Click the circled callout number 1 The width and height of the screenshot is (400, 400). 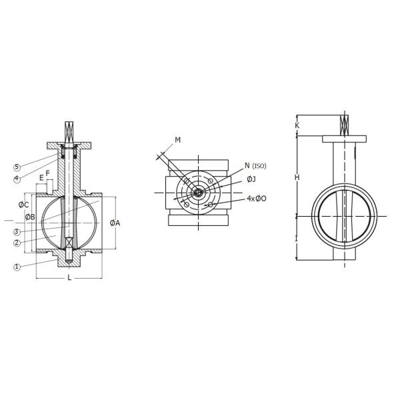[x=17, y=267]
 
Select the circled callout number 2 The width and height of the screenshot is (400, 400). [x=17, y=243]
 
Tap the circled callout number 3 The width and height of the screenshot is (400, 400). [x=17, y=232]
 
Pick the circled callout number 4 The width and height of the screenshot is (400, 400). [x=17, y=178]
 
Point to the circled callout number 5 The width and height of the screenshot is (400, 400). [x=17, y=167]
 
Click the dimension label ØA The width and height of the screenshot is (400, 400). [x=115, y=223]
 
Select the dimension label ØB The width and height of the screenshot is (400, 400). [x=30, y=217]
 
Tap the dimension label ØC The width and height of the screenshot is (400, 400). [x=23, y=205]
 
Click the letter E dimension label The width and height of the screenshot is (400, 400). [x=41, y=178]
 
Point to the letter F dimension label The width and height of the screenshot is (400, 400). [x=47, y=173]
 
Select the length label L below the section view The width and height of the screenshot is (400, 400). [x=69, y=277]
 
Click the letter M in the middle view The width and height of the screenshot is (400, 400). [x=177, y=140]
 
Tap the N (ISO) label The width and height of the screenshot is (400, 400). [x=255, y=166]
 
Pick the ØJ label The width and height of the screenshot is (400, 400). [x=251, y=179]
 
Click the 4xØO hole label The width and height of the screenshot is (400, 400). [x=256, y=199]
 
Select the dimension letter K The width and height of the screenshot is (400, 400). [x=297, y=125]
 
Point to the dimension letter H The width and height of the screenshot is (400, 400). [x=297, y=177]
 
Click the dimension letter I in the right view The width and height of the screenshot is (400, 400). [x=297, y=238]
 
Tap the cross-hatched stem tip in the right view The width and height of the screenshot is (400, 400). [x=344, y=124]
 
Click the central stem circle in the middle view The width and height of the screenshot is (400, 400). [x=198, y=193]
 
